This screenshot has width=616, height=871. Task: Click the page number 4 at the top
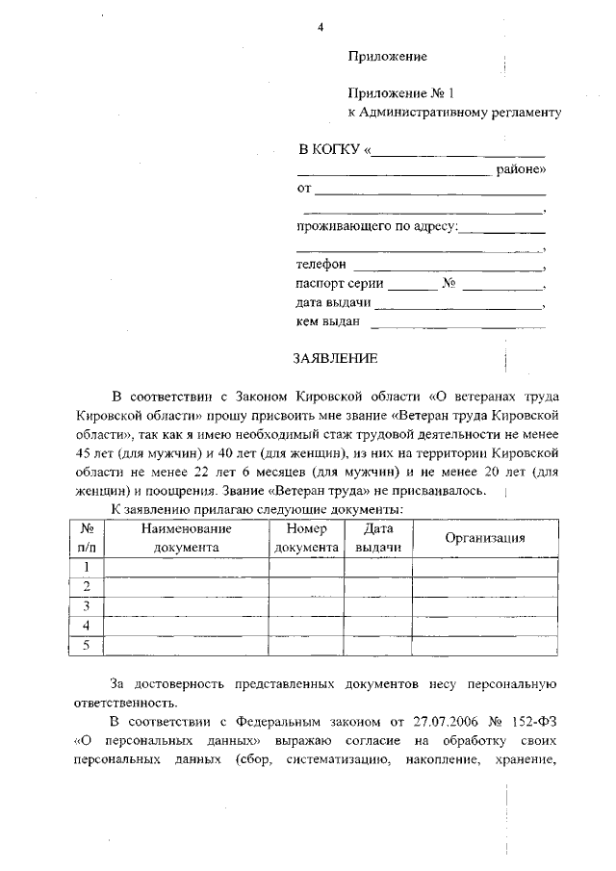320,26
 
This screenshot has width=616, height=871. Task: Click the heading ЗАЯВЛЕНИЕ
336,358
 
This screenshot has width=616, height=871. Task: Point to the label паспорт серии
340,284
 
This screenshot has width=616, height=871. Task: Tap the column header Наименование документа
186,538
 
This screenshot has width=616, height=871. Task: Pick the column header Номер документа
306,538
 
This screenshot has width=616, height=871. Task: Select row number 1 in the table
87,567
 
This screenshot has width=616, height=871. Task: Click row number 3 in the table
87,606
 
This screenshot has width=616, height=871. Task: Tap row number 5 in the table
87,645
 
